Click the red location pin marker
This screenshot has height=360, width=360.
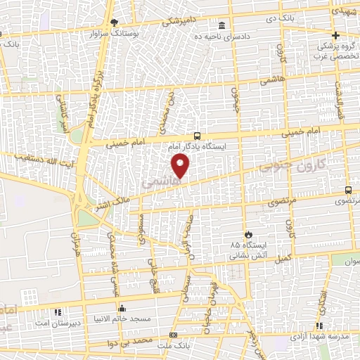(x=181, y=166)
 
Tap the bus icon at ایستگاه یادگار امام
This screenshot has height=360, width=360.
(x=198, y=136)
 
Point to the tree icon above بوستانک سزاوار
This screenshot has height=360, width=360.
(x=115, y=23)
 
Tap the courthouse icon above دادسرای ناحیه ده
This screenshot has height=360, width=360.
(x=222, y=24)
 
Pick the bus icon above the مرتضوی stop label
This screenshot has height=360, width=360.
(x=349, y=190)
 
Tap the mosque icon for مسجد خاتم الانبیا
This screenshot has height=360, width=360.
(x=122, y=308)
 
